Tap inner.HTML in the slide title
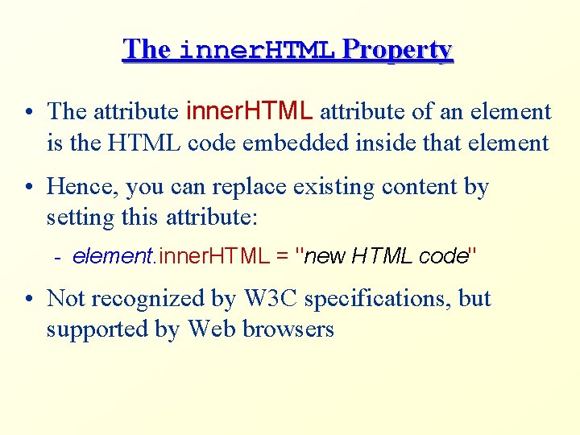click(x=256, y=51)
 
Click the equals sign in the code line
click(x=282, y=257)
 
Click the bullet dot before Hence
click(x=28, y=188)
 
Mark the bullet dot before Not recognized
click(x=28, y=299)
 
